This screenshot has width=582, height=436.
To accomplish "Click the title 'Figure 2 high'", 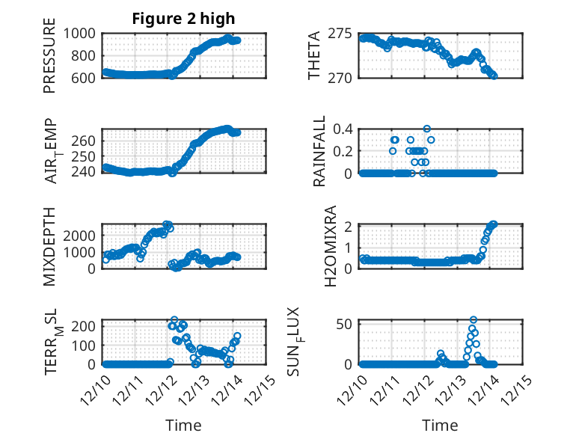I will [x=183, y=19].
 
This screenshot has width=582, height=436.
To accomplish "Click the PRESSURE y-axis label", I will [x=50, y=60].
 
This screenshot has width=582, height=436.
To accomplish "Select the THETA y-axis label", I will [x=314, y=55].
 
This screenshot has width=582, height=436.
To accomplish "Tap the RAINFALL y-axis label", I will [x=319, y=151].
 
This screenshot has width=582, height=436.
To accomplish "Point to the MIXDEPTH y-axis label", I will [x=50, y=245].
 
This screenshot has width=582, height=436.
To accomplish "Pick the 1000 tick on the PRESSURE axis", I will [x=79, y=34].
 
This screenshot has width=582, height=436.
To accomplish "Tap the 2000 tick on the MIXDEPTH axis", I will [x=79, y=235].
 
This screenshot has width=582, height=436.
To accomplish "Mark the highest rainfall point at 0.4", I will [x=427, y=129].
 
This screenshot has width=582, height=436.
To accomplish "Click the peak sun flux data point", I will [x=474, y=320].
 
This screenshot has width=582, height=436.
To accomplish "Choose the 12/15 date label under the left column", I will [x=260, y=388].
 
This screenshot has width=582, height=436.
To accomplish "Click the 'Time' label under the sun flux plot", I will [x=441, y=425].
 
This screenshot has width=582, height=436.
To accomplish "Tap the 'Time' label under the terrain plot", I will [x=183, y=425].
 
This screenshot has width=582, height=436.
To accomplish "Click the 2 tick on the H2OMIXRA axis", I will [x=352, y=226].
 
